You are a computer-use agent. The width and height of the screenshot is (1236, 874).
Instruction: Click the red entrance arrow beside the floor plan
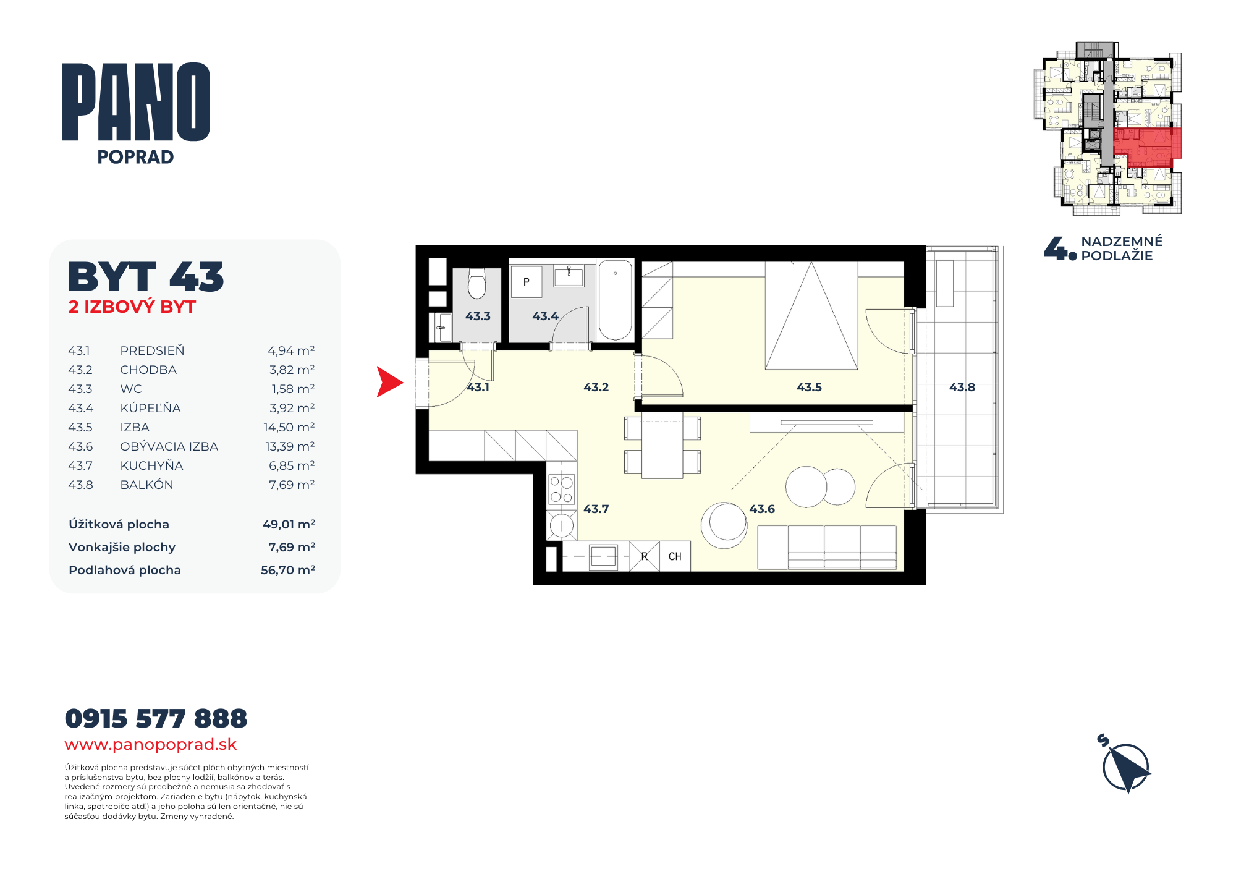coord(389,382)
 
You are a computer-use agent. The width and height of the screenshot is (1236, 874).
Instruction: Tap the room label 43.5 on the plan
coord(809,388)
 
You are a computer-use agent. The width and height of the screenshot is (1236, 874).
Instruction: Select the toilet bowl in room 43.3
coord(476,284)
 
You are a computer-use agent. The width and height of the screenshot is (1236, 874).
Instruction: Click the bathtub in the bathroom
coord(615,300)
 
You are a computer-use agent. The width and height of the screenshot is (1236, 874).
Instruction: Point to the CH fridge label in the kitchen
coord(675,556)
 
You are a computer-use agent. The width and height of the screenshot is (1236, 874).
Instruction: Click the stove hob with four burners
coord(562,489)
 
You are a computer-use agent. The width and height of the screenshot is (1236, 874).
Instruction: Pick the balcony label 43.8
coord(962,388)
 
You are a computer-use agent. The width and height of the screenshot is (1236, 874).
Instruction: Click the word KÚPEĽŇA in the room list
coord(150,407)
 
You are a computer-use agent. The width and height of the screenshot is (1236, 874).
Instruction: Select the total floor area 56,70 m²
coord(288,570)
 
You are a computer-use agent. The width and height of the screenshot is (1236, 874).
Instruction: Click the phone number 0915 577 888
coord(156,718)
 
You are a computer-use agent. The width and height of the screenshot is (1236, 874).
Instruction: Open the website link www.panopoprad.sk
coord(151,744)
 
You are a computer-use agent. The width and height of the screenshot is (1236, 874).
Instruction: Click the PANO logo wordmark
coord(136,102)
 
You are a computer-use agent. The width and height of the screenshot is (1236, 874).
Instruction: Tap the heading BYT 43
coord(146,276)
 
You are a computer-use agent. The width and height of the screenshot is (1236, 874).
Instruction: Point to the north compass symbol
coord(1125,765)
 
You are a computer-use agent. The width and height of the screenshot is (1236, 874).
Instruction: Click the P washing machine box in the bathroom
coord(527,282)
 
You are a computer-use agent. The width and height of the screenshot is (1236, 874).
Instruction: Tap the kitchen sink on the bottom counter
coord(603,556)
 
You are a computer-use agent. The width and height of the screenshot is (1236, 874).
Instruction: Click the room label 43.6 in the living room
coord(762,509)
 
